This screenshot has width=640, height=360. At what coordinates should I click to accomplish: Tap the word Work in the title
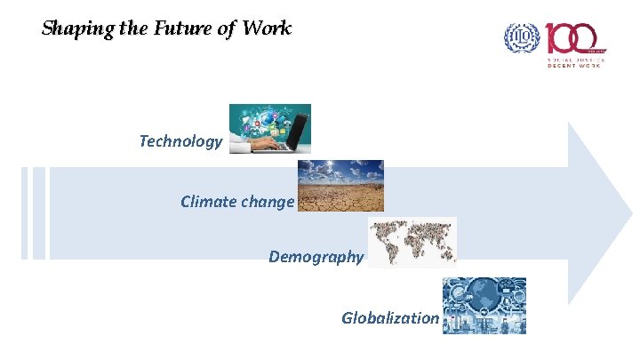point(266,28)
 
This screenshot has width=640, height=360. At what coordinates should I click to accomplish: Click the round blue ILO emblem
point(522,37)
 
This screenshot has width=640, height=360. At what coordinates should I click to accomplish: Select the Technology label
point(180,141)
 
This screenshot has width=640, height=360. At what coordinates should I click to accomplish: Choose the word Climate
point(208,202)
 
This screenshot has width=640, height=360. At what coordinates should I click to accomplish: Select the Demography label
point(316,258)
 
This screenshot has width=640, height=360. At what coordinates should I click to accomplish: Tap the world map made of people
point(412,241)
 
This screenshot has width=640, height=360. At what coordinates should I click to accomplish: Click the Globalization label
point(389,318)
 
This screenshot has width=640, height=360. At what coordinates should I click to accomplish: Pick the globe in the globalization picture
point(484,298)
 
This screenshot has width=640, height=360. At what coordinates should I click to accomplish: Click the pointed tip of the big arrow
point(630,212)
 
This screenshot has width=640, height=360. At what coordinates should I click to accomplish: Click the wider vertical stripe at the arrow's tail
point(38,213)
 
